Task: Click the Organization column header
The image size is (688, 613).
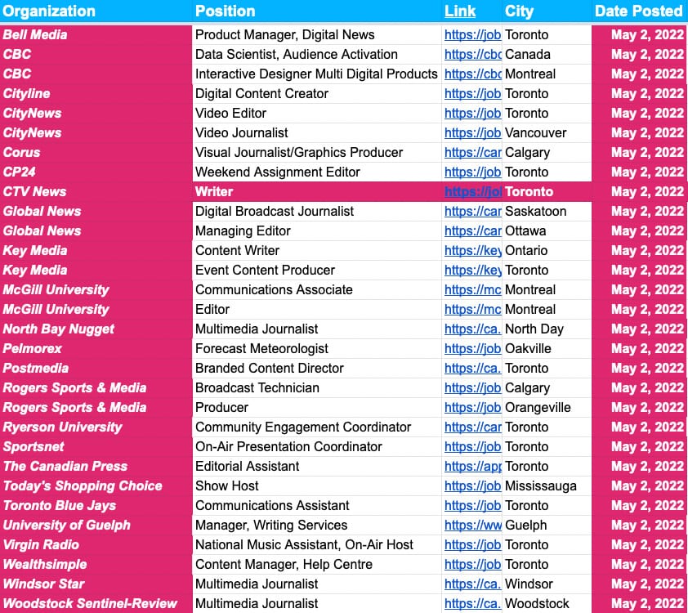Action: (50, 11)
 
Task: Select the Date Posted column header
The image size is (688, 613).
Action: (638, 11)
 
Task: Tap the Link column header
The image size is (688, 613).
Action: (459, 11)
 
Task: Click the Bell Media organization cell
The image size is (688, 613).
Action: (36, 35)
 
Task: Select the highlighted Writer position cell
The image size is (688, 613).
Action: (214, 192)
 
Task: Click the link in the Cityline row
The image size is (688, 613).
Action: (472, 94)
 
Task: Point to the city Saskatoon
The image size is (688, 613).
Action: (536, 212)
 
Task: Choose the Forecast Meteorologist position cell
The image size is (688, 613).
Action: (261, 349)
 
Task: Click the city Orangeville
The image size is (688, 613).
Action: (538, 408)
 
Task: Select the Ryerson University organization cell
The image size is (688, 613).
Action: (63, 427)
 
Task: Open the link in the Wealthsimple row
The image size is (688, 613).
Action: (472, 565)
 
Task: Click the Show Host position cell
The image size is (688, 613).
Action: (227, 486)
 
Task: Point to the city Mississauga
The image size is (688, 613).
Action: (541, 486)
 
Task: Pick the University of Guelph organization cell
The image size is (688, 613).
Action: (67, 526)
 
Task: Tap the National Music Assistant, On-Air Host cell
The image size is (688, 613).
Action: (304, 545)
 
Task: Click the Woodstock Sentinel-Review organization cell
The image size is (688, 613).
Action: (90, 604)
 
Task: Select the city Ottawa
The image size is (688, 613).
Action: (526, 231)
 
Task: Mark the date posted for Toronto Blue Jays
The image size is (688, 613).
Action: (647, 506)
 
